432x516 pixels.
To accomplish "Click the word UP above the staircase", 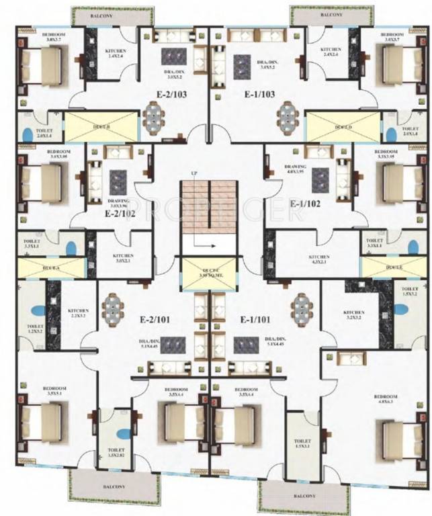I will point(193,174).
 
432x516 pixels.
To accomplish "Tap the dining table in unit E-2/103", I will point(154,118).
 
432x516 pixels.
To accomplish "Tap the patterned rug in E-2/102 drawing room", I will point(118,180).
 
